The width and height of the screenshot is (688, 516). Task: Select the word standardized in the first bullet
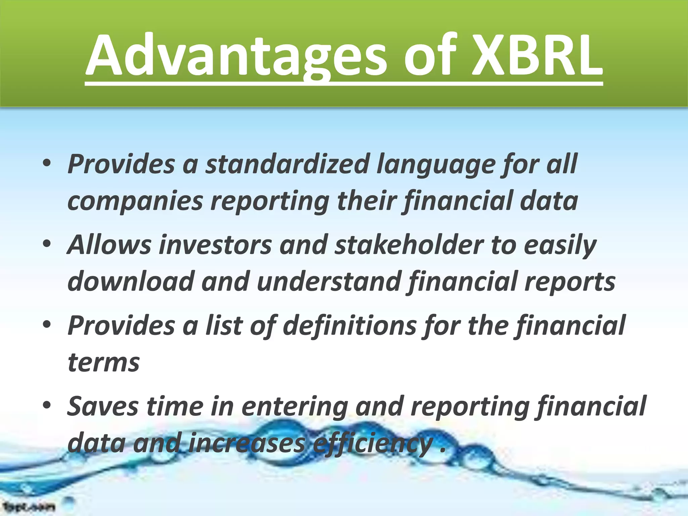point(288,164)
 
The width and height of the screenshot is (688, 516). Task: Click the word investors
point(215,245)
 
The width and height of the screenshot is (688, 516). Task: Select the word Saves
point(102,406)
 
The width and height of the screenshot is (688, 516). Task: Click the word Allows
point(109,245)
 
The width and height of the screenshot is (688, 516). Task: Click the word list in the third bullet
point(224,326)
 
